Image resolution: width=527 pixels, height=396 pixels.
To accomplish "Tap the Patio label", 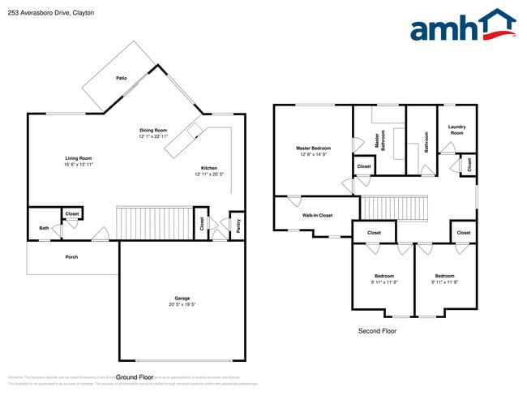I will [x=121, y=78].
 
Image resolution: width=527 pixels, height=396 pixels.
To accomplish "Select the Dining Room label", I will [x=152, y=130].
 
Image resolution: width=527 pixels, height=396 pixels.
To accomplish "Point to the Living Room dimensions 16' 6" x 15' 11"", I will [x=79, y=165].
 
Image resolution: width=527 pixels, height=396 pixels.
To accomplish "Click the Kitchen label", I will [x=208, y=168].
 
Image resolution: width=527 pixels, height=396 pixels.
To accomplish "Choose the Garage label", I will [x=182, y=299].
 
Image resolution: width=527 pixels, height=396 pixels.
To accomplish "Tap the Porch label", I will [x=71, y=256].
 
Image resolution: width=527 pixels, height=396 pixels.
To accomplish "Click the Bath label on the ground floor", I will [x=44, y=228].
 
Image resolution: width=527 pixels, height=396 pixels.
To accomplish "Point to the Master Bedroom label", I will [x=312, y=148].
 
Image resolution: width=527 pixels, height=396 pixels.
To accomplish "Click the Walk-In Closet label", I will [x=317, y=215].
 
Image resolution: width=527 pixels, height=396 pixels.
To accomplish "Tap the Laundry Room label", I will [x=456, y=130].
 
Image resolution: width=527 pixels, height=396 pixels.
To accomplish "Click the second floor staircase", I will [x=393, y=207].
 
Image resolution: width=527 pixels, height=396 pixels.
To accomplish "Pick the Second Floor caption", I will [x=378, y=331].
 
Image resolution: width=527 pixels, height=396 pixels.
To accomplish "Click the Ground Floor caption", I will [x=135, y=377].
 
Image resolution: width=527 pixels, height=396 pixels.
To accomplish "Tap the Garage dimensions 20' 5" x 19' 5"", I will [x=182, y=305].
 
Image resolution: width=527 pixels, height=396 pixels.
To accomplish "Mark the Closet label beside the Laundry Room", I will [x=468, y=165].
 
